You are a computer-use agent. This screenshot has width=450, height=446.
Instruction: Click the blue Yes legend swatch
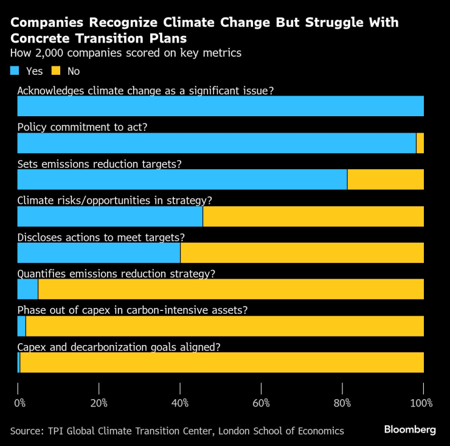pos(15,71)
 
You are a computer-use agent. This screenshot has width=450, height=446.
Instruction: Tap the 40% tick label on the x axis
pos(180,403)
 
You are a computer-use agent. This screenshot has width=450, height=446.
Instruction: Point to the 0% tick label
pos(20,403)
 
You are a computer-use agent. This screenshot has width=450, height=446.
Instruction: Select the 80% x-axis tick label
pos(342,403)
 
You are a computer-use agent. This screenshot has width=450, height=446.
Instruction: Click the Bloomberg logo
pos(409,430)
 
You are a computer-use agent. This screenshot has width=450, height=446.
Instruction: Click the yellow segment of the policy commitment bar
pos(420,143)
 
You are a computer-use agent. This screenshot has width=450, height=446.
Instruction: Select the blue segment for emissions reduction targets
pos(182,179)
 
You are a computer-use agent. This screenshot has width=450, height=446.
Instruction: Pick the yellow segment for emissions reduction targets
pos(385,179)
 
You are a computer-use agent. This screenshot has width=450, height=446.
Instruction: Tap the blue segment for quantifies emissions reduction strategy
pos(27,289)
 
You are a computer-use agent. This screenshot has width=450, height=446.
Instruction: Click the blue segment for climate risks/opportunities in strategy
pos(109,216)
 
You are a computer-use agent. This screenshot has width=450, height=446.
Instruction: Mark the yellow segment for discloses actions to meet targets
pos(302,253)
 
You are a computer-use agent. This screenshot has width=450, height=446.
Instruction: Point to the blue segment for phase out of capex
pos(21,326)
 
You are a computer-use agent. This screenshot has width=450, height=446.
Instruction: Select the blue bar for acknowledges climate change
pos(220,106)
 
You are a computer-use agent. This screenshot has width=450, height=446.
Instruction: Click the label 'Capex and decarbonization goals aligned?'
pos(119,347)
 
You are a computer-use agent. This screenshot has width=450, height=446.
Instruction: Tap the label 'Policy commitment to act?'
pos(82,127)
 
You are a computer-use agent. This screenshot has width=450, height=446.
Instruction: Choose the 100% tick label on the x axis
pos(421,403)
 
